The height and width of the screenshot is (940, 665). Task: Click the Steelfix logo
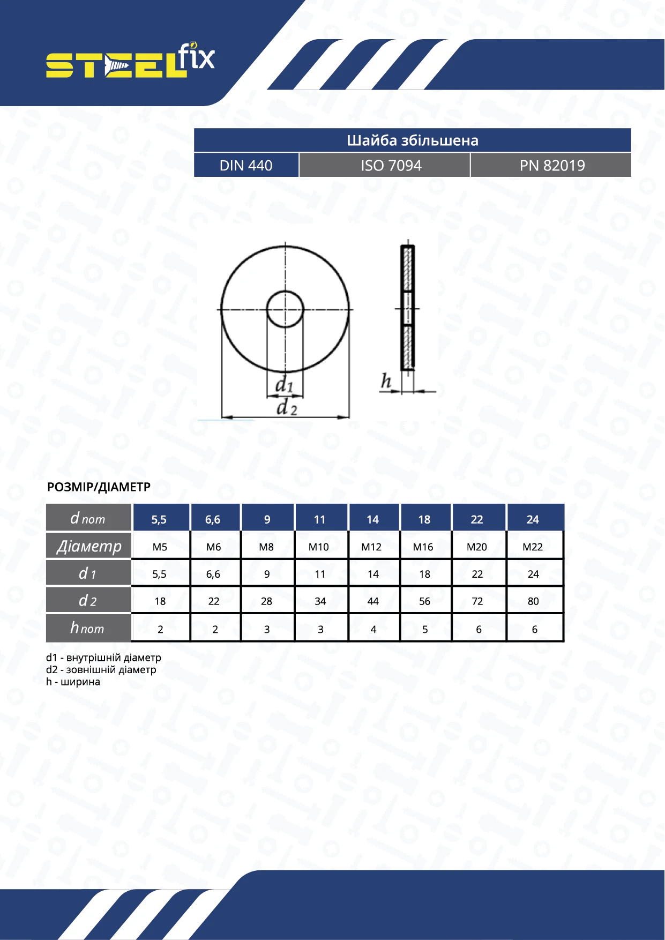130,62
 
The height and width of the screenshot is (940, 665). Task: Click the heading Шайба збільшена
412,140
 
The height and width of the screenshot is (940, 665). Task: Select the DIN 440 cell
246,166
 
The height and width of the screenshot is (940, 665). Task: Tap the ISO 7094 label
391,166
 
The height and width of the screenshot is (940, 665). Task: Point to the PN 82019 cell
552,166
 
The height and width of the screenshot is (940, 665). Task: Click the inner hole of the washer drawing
285,309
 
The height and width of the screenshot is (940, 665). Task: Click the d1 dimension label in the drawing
284,385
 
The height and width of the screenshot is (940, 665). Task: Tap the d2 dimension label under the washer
286,408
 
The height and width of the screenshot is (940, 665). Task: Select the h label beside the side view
386,382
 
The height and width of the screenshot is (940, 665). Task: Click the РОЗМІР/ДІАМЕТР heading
99,487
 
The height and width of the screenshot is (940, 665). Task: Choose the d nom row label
88,519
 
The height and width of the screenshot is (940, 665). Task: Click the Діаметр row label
89,546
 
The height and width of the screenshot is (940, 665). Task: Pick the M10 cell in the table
319,547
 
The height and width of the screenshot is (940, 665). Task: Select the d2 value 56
424,601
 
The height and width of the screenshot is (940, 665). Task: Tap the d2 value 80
533,601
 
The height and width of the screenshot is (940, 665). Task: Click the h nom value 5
425,629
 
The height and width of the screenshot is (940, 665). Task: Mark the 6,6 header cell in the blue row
213,519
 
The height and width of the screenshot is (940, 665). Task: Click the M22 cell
533,547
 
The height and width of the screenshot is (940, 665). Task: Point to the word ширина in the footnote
80,682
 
